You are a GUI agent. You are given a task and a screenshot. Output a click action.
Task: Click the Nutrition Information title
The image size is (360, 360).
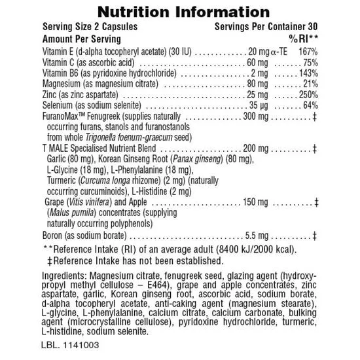(179, 12)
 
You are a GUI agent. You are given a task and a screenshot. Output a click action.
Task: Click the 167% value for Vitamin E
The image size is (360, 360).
(306, 50)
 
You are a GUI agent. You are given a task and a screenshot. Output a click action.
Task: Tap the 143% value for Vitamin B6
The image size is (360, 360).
(306, 73)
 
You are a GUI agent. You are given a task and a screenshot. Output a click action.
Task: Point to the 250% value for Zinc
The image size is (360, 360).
(306, 95)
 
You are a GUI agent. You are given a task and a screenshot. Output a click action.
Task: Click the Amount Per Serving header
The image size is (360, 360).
(81, 39)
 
